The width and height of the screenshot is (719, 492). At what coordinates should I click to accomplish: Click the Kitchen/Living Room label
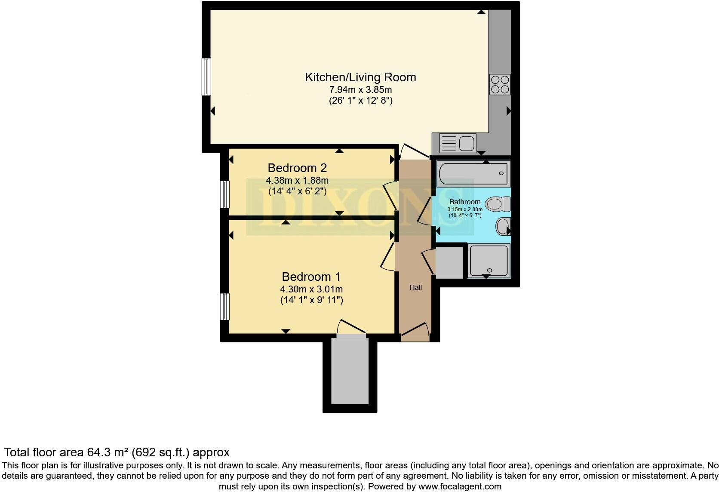click(x=360, y=77)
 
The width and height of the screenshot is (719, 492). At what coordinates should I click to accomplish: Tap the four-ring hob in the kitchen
click(x=500, y=84)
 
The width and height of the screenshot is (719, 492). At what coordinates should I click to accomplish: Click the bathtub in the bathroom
click(x=473, y=173)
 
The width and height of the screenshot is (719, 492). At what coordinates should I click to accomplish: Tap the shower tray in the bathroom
click(x=489, y=260)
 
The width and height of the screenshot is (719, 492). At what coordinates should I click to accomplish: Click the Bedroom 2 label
click(x=297, y=168)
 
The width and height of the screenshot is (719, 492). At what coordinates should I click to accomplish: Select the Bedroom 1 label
click(x=311, y=277)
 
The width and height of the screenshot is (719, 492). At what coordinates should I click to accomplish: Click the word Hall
click(x=415, y=288)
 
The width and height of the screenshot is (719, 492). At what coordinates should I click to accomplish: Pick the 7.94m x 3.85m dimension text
click(x=360, y=90)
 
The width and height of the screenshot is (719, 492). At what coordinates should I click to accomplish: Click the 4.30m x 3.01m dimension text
click(x=311, y=289)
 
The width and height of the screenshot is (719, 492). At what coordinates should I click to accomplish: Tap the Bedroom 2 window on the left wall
click(x=225, y=194)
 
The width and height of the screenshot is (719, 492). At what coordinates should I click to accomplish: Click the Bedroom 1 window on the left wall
click(x=225, y=307)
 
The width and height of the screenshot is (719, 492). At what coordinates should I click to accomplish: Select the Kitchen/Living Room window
click(x=207, y=77)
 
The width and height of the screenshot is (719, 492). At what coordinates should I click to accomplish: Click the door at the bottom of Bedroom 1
click(x=351, y=328)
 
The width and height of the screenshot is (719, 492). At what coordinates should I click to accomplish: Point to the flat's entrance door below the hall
click(x=415, y=332)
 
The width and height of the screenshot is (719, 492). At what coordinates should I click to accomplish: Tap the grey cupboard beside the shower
click(x=449, y=262)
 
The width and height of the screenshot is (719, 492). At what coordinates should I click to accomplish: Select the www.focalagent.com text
click(x=460, y=487)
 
